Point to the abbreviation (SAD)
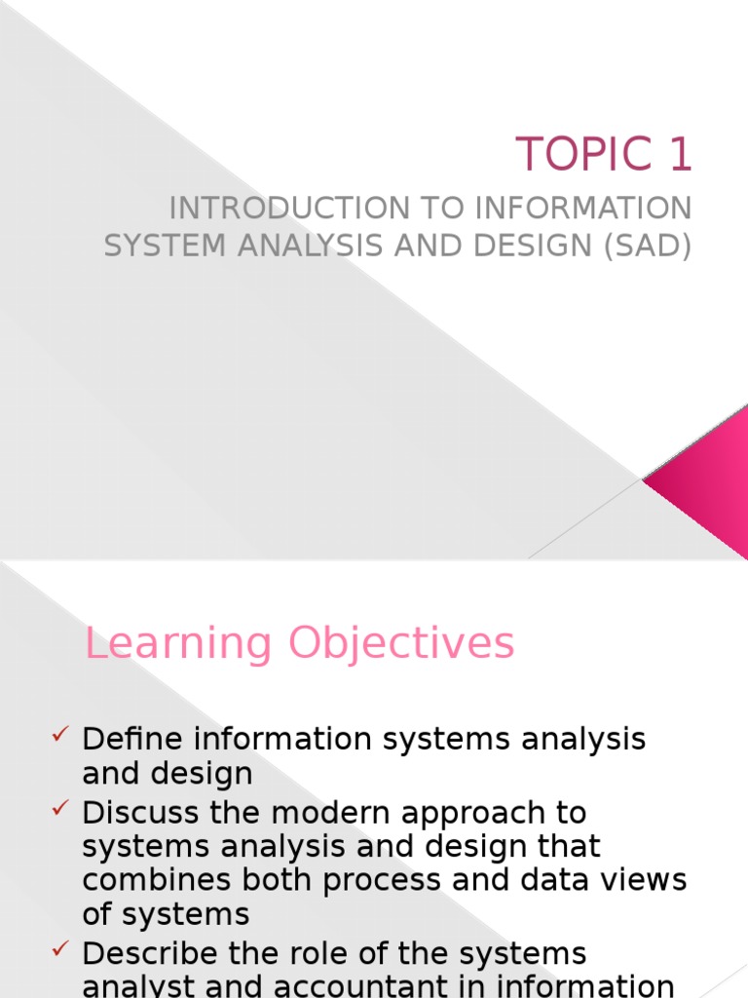[646, 246]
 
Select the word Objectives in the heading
[400, 645]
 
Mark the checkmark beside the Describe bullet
[60, 948]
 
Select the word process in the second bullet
[392, 880]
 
